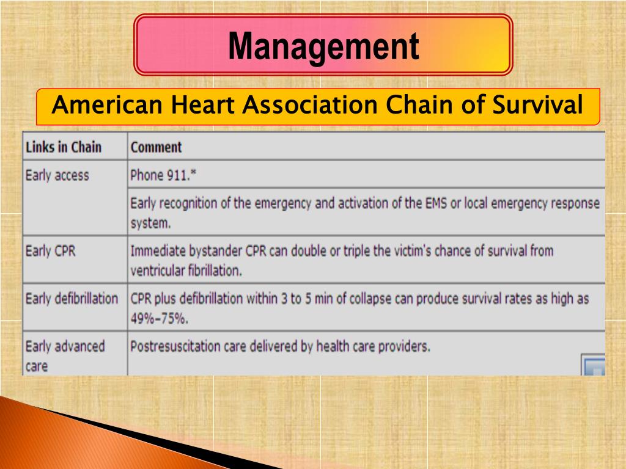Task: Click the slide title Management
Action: coord(323,46)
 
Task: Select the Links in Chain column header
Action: coord(64,147)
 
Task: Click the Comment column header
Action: coord(156,147)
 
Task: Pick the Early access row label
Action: coord(57,176)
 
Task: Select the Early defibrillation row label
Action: coord(72,299)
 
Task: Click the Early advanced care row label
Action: coord(65,356)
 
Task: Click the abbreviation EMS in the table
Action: coord(436,203)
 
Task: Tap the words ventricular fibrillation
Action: coord(186,271)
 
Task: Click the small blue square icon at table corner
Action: coord(594,367)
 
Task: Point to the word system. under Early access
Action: coord(150,224)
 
